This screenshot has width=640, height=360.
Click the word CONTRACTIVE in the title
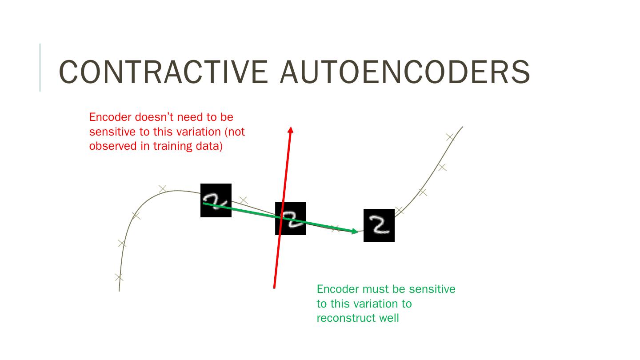[163, 72]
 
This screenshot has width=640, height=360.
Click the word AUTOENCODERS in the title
[405, 72]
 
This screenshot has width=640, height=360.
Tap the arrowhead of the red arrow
[291, 130]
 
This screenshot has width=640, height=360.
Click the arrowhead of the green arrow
[355, 231]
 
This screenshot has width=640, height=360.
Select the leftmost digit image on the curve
[216, 200]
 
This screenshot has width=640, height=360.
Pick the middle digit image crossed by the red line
[291, 218]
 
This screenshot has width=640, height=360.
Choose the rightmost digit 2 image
[379, 225]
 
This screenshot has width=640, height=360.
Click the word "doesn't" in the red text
[156, 117]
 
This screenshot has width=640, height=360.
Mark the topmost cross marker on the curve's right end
[450, 137]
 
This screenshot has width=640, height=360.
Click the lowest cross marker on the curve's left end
[119, 277]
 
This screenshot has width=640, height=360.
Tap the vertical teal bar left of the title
[40, 68]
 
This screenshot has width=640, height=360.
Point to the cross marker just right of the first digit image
[243, 200]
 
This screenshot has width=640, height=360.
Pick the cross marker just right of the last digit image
[399, 210]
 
